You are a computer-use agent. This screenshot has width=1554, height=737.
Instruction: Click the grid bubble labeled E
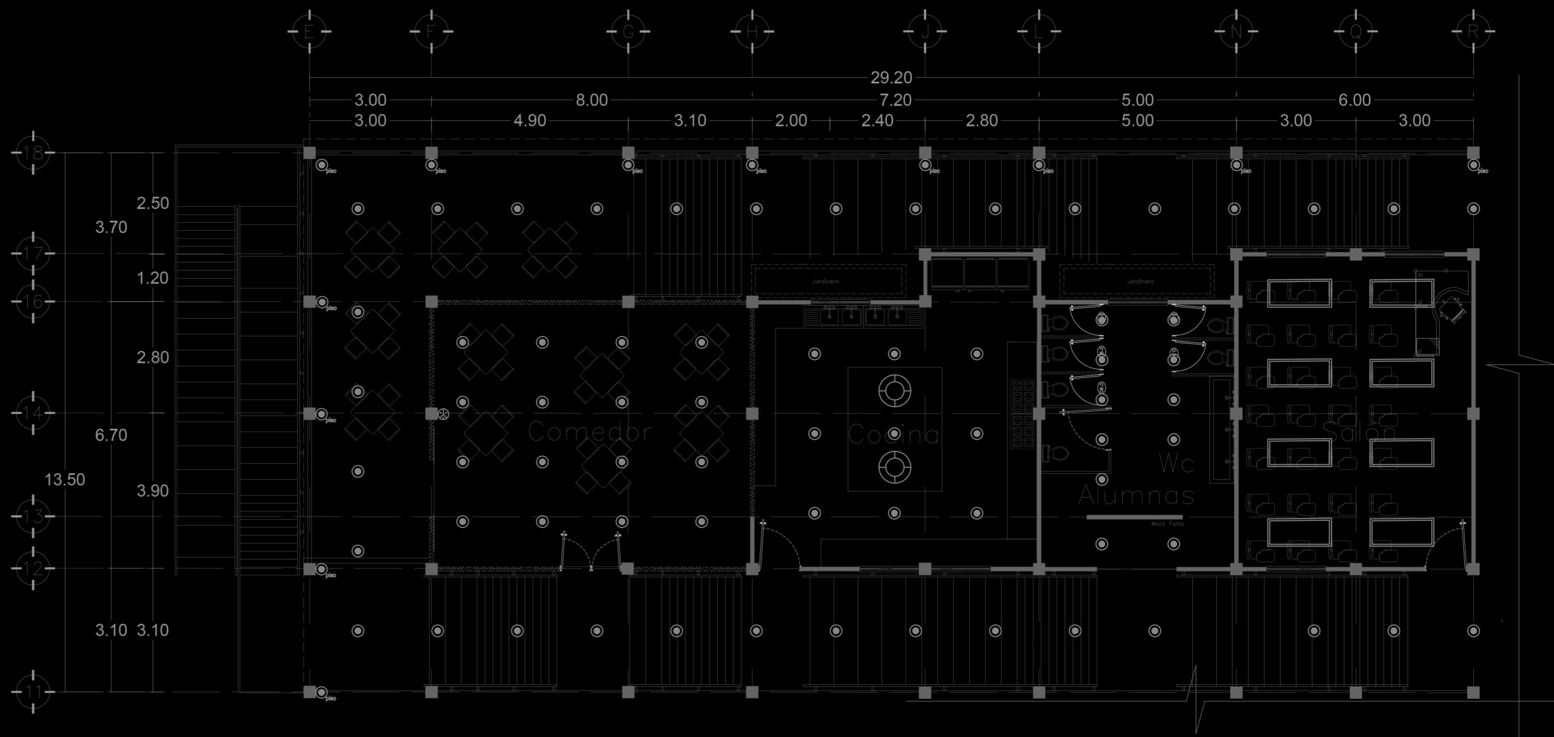click(309, 31)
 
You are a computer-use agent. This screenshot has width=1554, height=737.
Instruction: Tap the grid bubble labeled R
click(1473, 31)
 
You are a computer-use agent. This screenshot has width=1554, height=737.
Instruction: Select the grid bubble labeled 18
click(33, 152)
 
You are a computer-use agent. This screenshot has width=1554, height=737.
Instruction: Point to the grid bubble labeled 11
click(33, 692)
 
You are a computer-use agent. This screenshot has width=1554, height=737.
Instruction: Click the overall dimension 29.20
click(891, 78)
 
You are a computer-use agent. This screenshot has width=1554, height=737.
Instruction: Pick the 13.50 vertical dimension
click(64, 480)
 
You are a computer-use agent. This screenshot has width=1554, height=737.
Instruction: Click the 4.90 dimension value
click(530, 120)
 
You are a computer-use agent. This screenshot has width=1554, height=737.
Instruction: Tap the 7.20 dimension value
click(895, 100)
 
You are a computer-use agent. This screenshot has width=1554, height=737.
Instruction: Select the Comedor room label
click(589, 432)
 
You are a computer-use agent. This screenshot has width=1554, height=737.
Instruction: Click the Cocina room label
click(893, 435)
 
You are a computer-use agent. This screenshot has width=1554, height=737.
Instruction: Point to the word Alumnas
click(1136, 496)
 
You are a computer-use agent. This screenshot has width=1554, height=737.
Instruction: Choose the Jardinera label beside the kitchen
click(825, 282)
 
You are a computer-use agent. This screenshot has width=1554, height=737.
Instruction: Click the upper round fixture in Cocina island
click(895, 390)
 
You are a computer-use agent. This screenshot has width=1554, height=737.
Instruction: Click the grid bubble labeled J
click(925, 31)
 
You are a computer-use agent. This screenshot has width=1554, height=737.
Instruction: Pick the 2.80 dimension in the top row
click(982, 120)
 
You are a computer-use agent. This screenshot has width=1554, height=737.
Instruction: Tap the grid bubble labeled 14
click(33, 413)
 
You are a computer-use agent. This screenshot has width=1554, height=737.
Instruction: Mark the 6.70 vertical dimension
click(111, 435)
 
